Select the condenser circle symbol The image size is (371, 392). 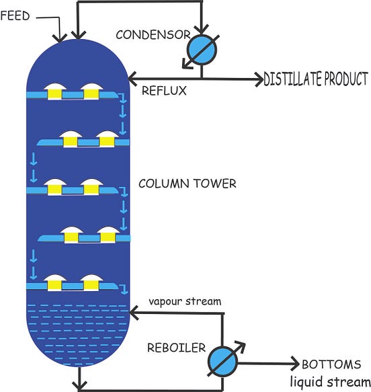(x=199, y=49)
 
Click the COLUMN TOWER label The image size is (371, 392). (x=187, y=184)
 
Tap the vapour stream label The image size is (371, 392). (x=184, y=301)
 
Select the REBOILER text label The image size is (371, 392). (x=177, y=348)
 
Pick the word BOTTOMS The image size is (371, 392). (x=331, y=365)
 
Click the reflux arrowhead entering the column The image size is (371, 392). (x=132, y=79)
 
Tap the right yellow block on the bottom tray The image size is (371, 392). (x=89, y=286)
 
